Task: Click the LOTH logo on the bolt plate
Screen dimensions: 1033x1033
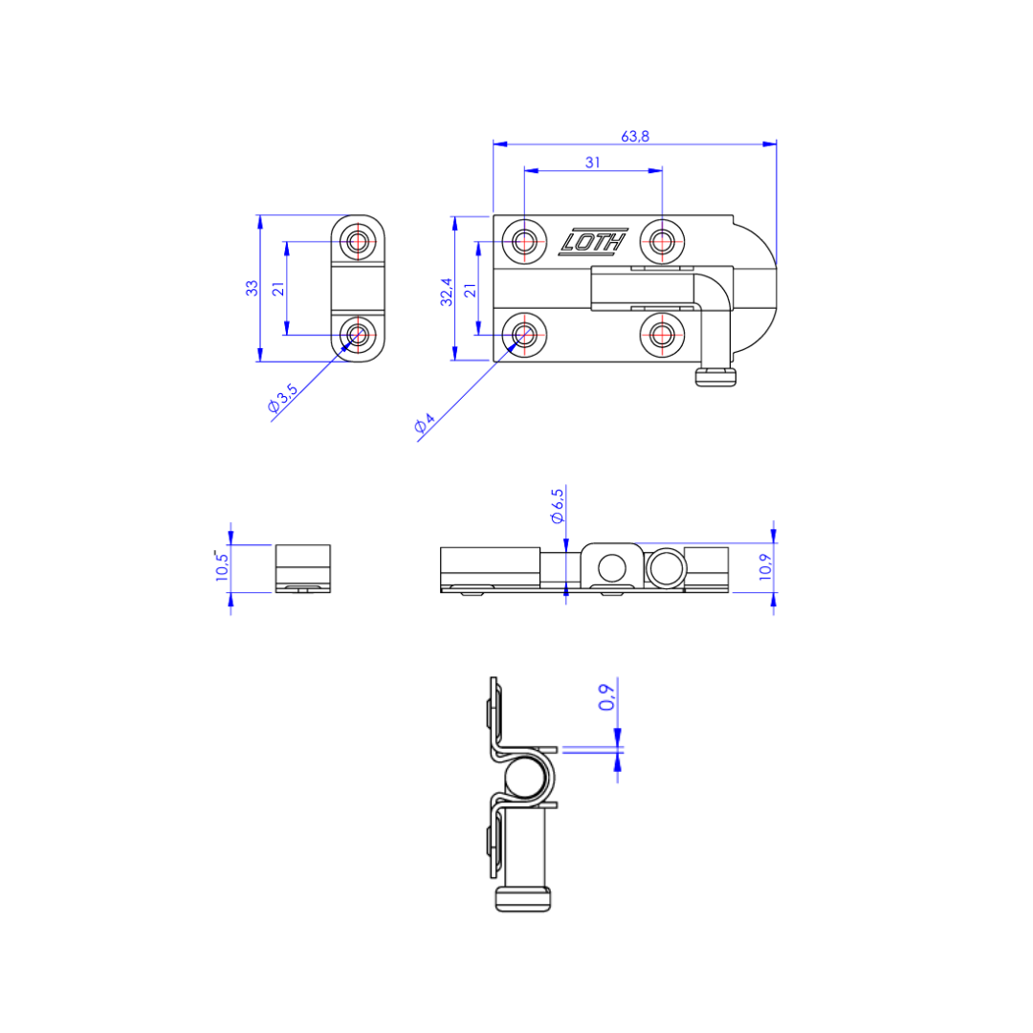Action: pos(593,242)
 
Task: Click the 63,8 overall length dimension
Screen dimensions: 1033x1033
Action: pos(635,137)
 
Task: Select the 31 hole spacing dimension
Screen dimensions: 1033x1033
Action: pos(593,162)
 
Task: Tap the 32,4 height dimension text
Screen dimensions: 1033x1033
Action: pos(447,292)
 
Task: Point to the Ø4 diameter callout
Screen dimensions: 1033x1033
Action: pos(425,423)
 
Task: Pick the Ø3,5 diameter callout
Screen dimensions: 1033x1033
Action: pos(283,398)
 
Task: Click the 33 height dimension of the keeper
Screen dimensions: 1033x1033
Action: pos(252,289)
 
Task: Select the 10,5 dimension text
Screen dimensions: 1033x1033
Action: pos(222,565)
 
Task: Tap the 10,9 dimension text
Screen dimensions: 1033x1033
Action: pos(765,567)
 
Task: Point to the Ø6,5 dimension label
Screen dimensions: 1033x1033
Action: pos(558,506)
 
